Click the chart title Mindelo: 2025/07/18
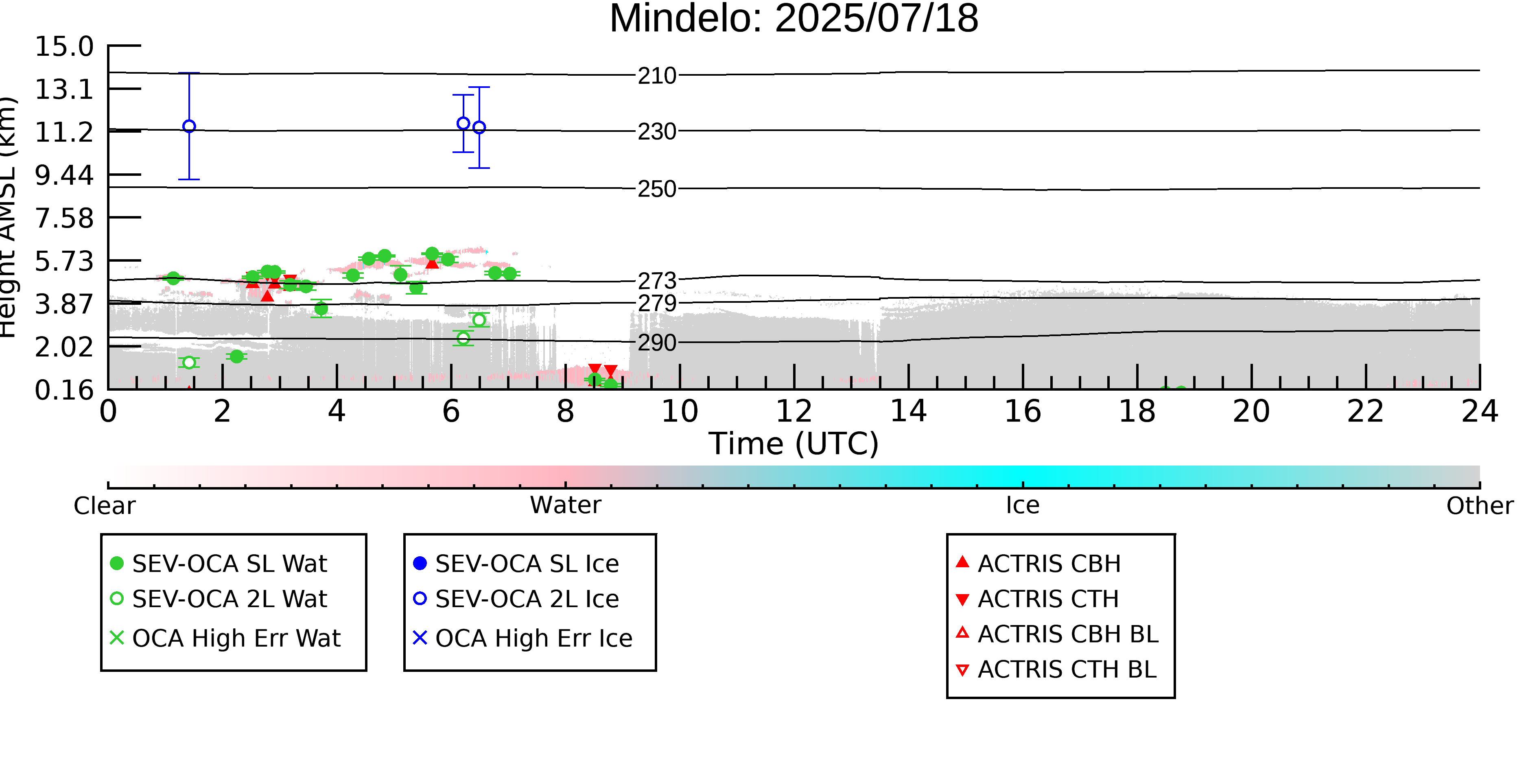coord(794,19)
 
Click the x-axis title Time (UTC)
coord(794,444)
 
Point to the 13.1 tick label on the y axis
coord(64,90)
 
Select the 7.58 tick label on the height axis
coord(64,218)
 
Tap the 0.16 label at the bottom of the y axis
coord(64,390)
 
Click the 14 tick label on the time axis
coord(909,411)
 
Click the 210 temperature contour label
coord(657,76)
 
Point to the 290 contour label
coord(657,342)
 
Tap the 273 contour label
coord(657,280)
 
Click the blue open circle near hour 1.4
coord(189,126)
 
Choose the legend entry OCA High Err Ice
coord(523,638)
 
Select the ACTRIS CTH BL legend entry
coord(1056,669)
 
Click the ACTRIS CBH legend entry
coord(1038,563)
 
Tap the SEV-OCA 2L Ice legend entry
coord(516,599)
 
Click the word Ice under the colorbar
coord(1023,505)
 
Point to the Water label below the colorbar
coord(566,505)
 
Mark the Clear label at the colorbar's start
coord(105,506)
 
